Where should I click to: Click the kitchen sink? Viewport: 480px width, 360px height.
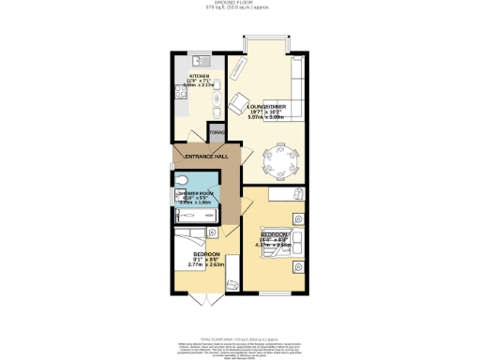coord(198,60)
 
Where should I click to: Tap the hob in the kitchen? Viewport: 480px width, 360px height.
coord(179,92)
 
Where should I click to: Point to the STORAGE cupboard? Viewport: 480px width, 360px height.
coord(217,134)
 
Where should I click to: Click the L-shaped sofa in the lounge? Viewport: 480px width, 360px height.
coord(291,89)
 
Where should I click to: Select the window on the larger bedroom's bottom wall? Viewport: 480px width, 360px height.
coord(276,292)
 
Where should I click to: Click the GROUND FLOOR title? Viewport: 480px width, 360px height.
coord(239,4)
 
